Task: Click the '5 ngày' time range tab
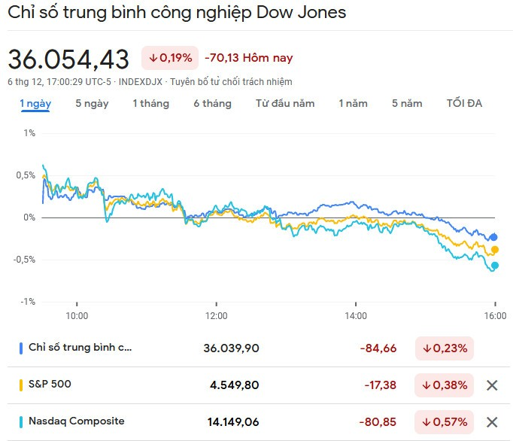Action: click(92, 103)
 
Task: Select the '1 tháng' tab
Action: click(150, 103)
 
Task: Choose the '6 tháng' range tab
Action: click(212, 103)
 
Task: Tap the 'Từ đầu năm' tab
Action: click(284, 103)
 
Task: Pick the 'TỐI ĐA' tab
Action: click(464, 103)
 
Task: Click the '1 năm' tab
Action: click(353, 103)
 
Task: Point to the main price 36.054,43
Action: click(68, 59)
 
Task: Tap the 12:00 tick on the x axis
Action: click(216, 315)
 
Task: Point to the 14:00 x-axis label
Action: click(356, 315)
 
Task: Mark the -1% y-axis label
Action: click(28, 302)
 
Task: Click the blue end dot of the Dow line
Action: click(494, 237)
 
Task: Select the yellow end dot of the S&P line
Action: click(495, 250)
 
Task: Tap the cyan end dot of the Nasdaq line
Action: click(495, 265)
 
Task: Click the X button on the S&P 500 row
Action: click(492, 385)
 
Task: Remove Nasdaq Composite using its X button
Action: click(492, 422)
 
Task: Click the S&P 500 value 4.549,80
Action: click(234, 385)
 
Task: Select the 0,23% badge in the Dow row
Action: click(445, 348)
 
